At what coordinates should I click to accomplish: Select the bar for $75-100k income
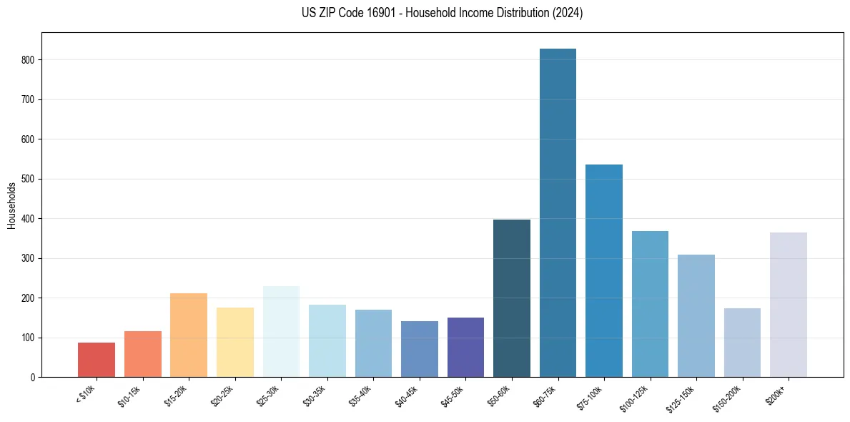[x=603, y=271]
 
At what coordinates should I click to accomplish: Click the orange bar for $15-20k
[x=189, y=335]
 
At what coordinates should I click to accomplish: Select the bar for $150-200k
[x=742, y=343]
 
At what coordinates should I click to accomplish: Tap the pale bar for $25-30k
[x=281, y=332]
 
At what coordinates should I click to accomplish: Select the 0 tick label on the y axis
[x=34, y=377]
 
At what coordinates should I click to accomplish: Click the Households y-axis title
[x=12, y=205]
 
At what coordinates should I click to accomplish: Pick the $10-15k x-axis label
[x=129, y=396]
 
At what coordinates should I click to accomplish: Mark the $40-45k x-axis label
[x=406, y=396]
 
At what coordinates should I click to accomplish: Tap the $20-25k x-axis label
[x=222, y=396]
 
